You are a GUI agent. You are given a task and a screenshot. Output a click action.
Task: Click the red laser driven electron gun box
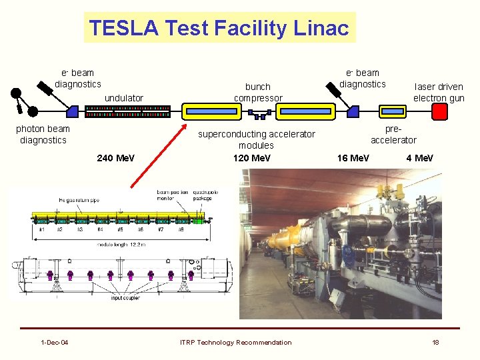click(440, 111)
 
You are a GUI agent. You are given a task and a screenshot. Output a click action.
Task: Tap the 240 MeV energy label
click(115, 158)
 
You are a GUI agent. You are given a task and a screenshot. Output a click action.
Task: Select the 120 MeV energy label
click(252, 158)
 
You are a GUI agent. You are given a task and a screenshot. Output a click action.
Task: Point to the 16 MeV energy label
click(353, 158)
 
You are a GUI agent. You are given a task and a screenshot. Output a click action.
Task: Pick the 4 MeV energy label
click(420, 158)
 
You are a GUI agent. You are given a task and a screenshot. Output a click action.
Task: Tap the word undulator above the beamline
click(124, 98)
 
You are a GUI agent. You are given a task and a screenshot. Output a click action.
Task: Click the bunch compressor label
click(258, 92)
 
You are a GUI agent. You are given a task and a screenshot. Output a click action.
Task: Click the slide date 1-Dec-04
click(54, 343)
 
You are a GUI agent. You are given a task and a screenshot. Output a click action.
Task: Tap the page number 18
click(435, 343)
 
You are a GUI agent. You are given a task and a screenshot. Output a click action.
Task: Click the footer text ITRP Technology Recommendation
click(235, 343)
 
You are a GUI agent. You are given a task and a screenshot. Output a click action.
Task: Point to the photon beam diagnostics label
click(43, 134)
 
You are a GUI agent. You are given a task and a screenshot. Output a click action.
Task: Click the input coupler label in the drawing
click(125, 298)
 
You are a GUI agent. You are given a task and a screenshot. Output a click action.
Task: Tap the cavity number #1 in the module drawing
click(41, 229)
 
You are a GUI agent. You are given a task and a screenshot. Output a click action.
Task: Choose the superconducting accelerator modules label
click(257, 139)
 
